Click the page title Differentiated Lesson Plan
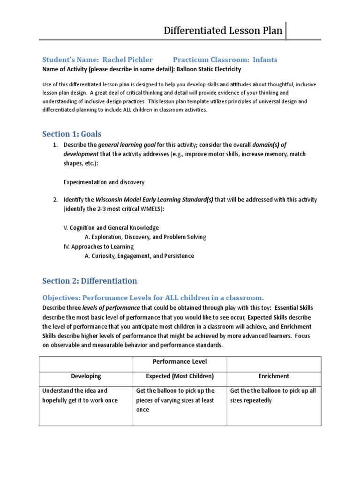[223, 31]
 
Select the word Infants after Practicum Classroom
[265, 60]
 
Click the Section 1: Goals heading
[72, 134]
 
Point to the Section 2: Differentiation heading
[90, 281]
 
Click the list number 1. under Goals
[55, 145]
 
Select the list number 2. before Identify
[55, 200]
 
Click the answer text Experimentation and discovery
[104, 182]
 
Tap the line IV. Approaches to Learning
[98, 247]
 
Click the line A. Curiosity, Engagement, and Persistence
[139, 256]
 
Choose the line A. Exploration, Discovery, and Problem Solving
[145, 237]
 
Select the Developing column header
[86, 376]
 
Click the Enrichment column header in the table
[274, 376]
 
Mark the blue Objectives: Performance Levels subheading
[153, 298]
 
